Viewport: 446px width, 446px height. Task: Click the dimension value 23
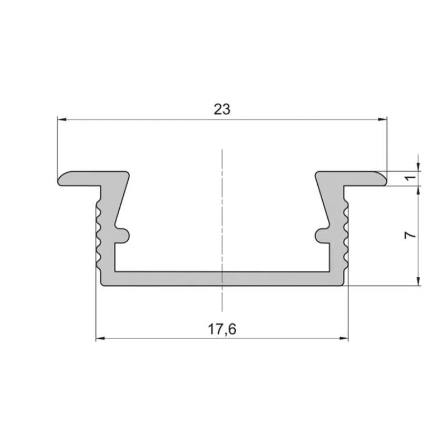point(222,109)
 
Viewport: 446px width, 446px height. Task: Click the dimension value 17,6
point(222,329)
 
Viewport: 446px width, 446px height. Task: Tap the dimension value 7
point(410,235)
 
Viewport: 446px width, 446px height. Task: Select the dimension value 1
point(410,178)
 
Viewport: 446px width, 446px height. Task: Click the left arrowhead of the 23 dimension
point(62,119)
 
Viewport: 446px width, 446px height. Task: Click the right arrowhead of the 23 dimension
point(382,119)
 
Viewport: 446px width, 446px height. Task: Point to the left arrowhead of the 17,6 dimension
point(100,338)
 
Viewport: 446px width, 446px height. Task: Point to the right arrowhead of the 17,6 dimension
point(344,338)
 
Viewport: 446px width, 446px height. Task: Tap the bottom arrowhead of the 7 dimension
point(418,281)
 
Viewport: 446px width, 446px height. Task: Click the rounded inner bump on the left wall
point(124,235)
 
